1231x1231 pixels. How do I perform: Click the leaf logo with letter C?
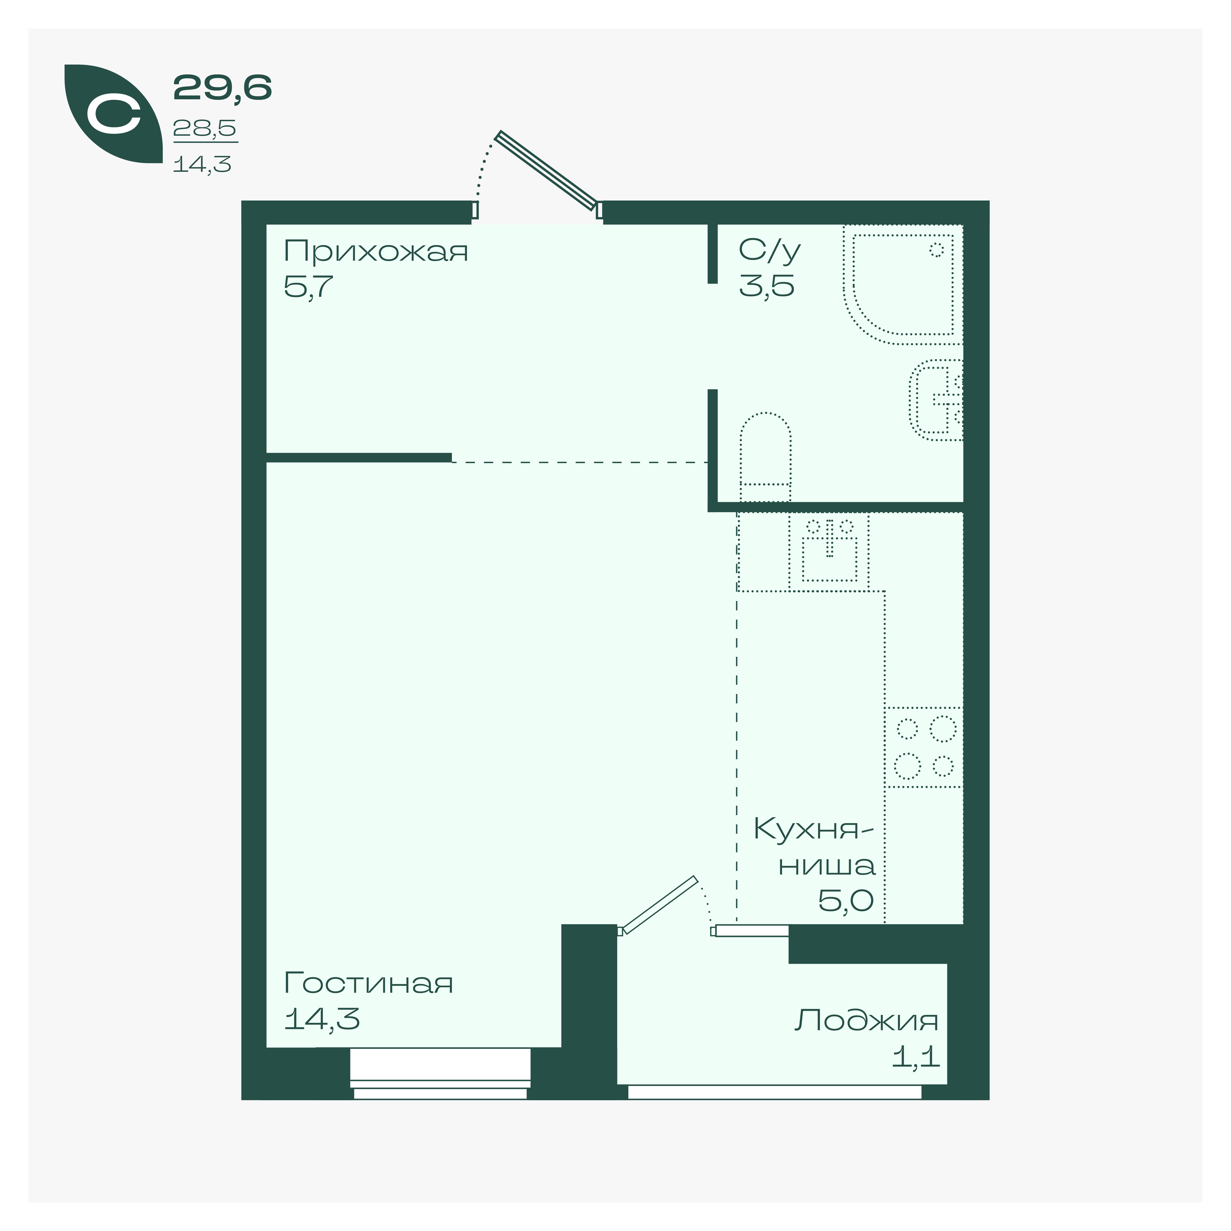point(114,114)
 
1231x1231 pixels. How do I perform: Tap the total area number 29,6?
point(222,88)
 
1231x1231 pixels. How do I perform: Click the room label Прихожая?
point(376,252)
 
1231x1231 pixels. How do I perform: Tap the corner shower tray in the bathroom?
point(903,285)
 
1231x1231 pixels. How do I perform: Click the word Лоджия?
point(867,1021)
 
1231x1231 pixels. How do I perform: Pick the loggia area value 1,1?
point(916,1057)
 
